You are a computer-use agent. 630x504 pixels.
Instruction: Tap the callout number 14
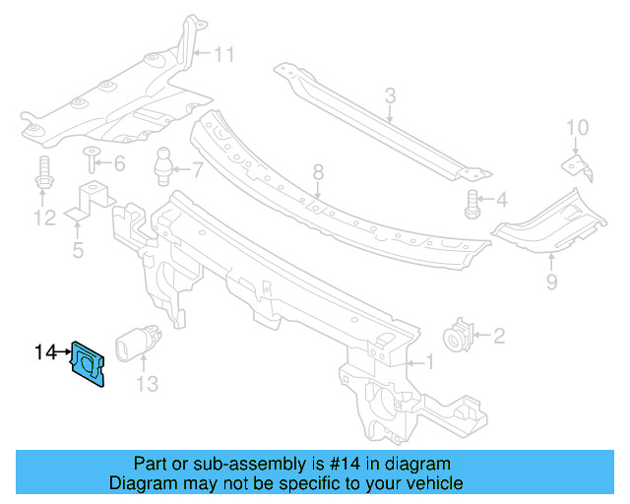tap(45, 350)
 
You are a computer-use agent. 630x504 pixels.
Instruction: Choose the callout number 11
tap(225, 55)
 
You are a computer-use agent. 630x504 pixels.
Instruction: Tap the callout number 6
tap(119, 163)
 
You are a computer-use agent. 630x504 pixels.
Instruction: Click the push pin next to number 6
tap(92, 158)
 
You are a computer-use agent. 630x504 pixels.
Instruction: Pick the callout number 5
tap(78, 250)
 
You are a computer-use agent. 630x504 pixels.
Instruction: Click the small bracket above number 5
tap(87, 199)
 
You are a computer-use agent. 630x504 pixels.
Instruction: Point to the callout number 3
tap(390, 96)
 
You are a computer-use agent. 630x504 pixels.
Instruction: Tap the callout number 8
tap(318, 173)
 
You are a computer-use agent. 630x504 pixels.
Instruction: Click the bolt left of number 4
tap(472, 203)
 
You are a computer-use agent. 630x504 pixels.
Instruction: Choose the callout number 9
tap(551, 283)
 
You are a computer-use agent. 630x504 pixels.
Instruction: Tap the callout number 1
tap(427, 361)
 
